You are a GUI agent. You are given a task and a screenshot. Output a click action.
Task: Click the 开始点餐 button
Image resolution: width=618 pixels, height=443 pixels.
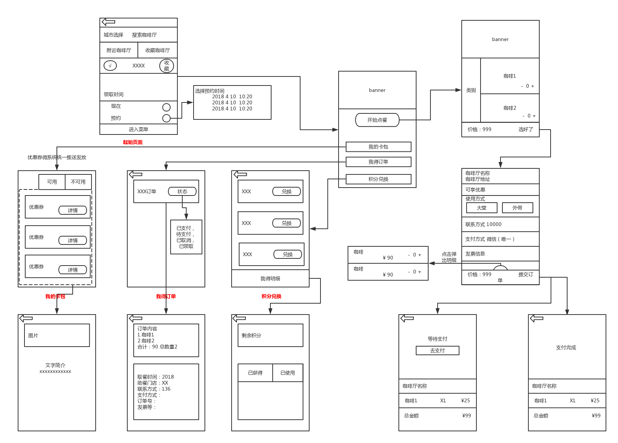(x=377, y=120)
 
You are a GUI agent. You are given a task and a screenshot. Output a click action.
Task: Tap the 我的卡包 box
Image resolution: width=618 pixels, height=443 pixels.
(x=378, y=147)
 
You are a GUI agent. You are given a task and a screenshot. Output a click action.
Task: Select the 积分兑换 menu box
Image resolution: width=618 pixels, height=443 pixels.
(x=378, y=179)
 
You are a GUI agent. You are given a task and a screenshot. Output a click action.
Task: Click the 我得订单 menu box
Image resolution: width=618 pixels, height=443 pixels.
(x=378, y=162)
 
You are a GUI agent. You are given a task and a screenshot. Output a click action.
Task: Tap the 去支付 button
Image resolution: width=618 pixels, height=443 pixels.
(x=437, y=351)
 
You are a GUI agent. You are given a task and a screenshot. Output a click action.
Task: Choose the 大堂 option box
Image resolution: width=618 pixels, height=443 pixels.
(x=481, y=208)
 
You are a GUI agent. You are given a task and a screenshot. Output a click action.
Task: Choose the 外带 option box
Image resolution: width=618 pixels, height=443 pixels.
(x=517, y=208)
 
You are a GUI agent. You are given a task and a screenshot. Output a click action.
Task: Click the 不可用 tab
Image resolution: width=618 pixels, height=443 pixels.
(x=78, y=182)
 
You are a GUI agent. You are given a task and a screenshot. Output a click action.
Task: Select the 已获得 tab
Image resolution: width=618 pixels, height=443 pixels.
(x=255, y=373)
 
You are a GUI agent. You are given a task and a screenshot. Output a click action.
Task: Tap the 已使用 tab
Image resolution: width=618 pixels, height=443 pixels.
(x=287, y=373)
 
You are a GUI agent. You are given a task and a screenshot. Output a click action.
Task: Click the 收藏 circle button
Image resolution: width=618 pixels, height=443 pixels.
(x=166, y=66)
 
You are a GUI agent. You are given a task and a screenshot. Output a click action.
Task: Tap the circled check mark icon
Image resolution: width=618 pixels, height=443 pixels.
(x=110, y=66)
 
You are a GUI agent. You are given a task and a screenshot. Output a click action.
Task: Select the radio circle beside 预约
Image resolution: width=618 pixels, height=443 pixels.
(x=166, y=118)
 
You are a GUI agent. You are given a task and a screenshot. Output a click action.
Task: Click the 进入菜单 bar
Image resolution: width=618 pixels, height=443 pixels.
(x=138, y=130)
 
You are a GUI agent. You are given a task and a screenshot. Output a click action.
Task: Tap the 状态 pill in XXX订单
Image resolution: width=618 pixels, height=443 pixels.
(x=182, y=192)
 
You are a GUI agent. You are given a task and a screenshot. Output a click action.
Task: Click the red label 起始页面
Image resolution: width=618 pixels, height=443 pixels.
(x=133, y=142)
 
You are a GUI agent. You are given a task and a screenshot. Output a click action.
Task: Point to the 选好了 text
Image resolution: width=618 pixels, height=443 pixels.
(x=526, y=130)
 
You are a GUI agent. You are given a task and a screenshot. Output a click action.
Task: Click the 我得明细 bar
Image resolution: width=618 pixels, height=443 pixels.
(x=270, y=279)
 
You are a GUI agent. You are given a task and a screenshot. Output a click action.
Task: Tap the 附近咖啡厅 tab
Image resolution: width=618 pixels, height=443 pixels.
(x=119, y=50)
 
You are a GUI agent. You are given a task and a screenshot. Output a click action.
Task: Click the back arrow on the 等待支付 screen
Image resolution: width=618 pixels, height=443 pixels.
(x=407, y=319)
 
